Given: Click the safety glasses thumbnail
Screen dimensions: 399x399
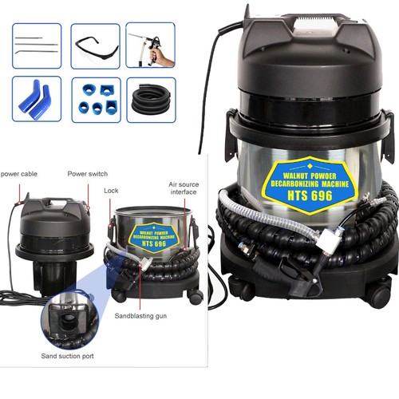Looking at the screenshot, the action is pyautogui.click(x=95, y=46).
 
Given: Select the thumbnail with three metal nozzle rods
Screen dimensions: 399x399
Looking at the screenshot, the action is pyautogui.click(x=37, y=45).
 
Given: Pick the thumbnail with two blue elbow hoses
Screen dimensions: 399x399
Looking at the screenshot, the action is pyautogui.click(x=37, y=99).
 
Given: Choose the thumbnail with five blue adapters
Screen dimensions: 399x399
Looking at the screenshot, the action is pyautogui.click(x=97, y=100).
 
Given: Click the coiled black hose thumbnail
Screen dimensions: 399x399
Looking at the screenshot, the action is pyautogui.click(x=151, y=100).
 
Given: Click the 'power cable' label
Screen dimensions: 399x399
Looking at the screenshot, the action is pyautogui.click(x=19, y=174).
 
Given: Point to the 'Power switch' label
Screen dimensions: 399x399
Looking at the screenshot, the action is pyautogui.click(x=88, y=174).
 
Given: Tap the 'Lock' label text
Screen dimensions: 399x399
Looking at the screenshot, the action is pyautogui.click(x=111, y=191).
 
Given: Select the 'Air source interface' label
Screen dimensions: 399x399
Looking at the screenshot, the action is pyautogui.click(x=184, y=188).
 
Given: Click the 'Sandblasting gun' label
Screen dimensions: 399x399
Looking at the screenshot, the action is pyautogui.click(x=140, y=316).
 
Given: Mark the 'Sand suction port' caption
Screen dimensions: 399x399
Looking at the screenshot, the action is pyautogui.click(x=67, y=356).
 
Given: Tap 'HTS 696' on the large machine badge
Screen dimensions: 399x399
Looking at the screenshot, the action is pyautogui.click(x=310, y=196).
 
